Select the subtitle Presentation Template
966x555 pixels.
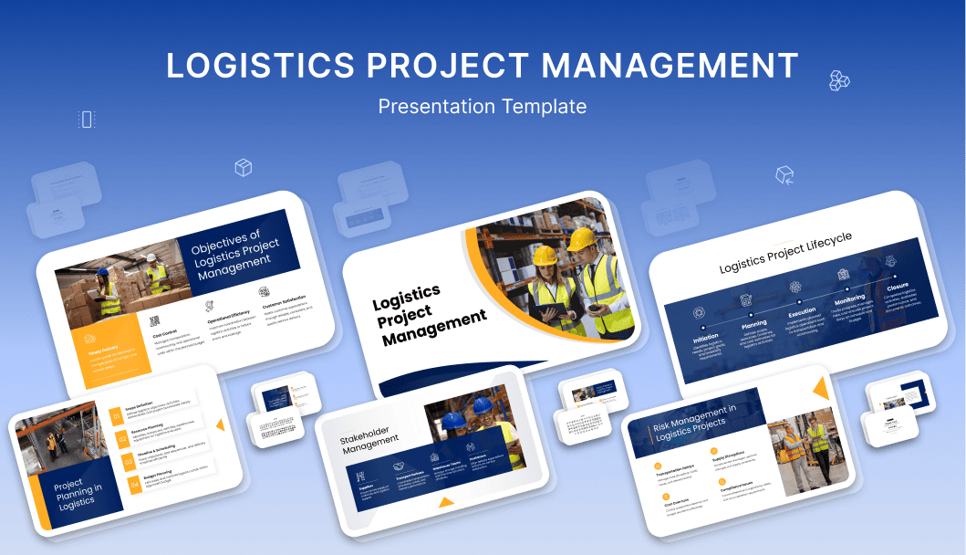tap(483, 107)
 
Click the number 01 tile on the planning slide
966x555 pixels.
tap(117, 417)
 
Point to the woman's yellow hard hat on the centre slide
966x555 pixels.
tap(545, 257)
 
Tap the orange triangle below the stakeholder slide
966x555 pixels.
tap(445, 501)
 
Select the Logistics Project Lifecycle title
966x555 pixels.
tap(785, 252)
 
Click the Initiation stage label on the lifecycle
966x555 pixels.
tap(706, 338)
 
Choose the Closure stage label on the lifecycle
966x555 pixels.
tap(897, 286)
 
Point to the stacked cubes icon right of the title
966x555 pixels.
tap(840, 80)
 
